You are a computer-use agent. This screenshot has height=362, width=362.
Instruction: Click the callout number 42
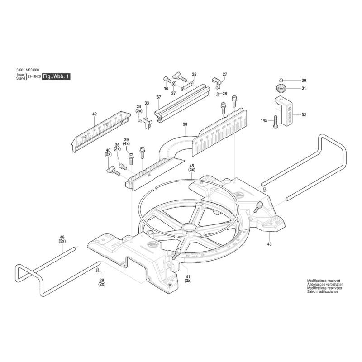95,114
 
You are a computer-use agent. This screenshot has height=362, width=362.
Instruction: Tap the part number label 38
185,124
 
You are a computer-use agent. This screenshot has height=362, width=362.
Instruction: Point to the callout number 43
270,244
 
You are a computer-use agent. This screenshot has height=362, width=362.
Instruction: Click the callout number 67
159,97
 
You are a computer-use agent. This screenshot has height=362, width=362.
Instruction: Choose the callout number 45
192,166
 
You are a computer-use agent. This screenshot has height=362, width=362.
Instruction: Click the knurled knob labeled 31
281,88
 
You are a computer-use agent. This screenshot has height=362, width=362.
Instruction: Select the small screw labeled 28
218,94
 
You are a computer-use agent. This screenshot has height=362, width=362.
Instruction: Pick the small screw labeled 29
98,270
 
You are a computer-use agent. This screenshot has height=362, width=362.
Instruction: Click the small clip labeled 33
147,122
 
